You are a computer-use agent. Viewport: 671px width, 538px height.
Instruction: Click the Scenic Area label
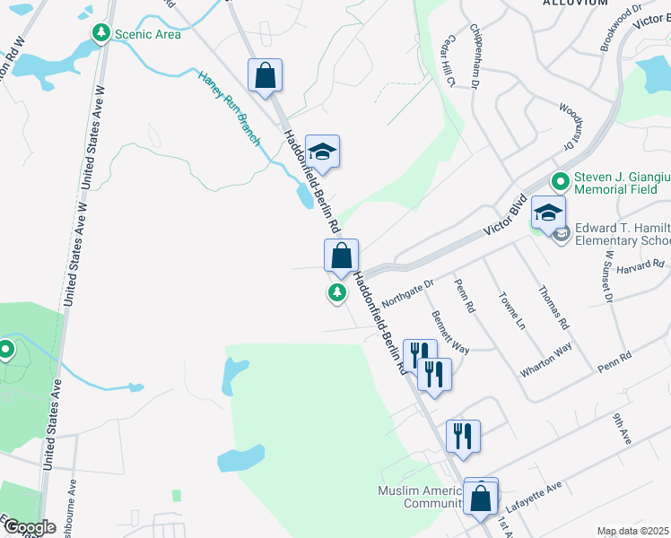click(147, 34)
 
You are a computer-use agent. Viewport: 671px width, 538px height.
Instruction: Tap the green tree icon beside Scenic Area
click(100, 34)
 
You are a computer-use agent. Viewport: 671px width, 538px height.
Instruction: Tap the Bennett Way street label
click(449, 332)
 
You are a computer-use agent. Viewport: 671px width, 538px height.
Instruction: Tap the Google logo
click(30, 527)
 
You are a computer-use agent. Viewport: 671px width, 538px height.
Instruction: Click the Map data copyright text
click(633, 531)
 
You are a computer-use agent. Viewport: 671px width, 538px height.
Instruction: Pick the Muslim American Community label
click(420, 497)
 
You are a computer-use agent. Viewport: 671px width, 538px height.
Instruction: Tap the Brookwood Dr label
click(622, 29)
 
